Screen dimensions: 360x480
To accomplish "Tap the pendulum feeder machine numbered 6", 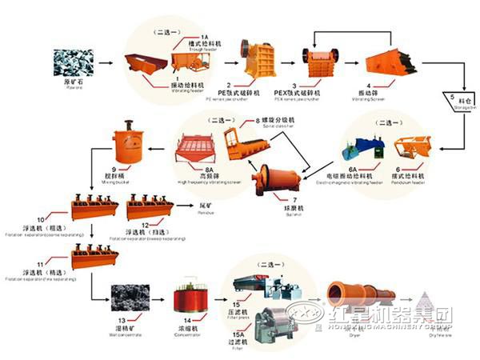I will pyautogui.click(x=412, y=147).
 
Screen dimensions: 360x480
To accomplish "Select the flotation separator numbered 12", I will pyautogui.click(x=150, y=206).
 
